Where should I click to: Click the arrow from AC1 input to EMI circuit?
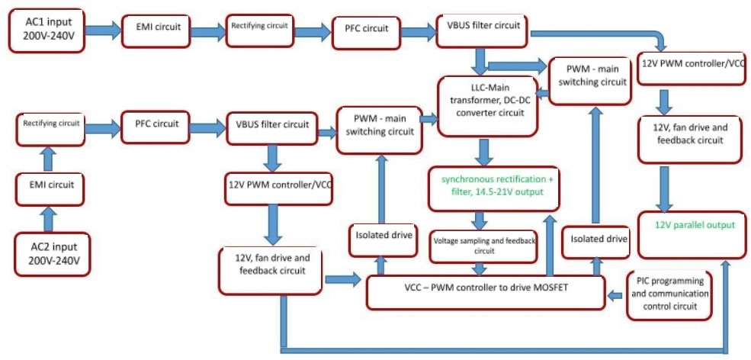102,31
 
